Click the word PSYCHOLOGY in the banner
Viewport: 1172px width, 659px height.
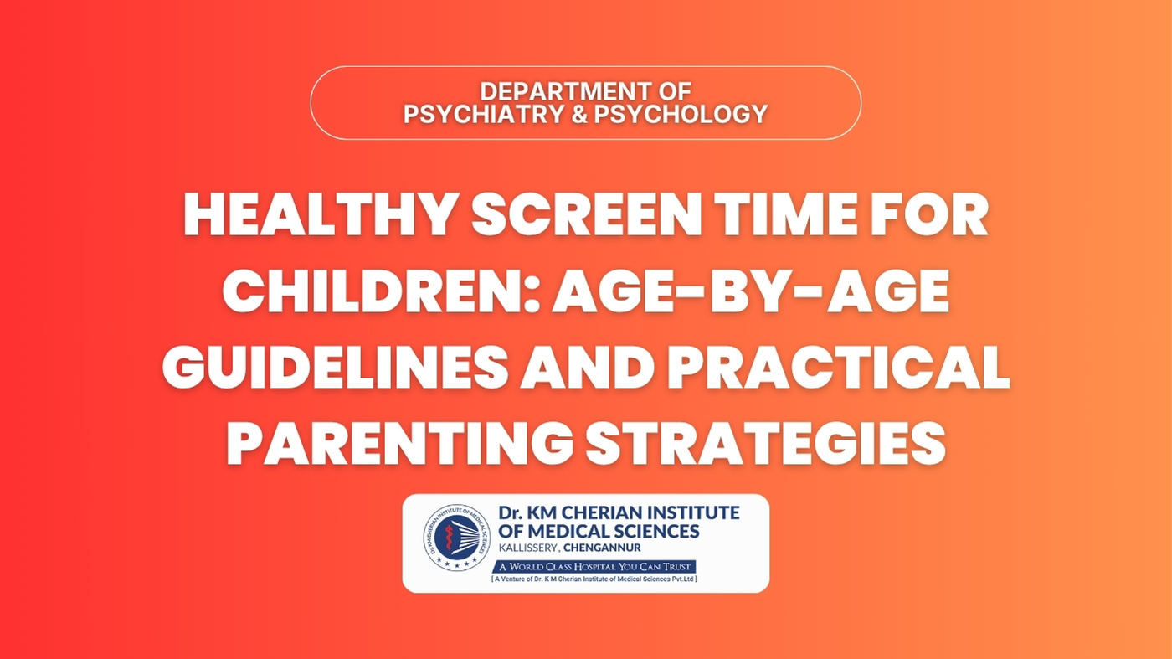[x=681, y=114]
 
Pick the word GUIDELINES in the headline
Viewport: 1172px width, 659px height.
[x=335, y=368]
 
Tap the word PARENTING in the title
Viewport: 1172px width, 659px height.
[x=398, y=445]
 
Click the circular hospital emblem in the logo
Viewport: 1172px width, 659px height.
[x=457, y=538]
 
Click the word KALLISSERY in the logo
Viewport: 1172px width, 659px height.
[x=528, y=548]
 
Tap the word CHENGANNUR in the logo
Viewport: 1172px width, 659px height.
[x=602, y=548]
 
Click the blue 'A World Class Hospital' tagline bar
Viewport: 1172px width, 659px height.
[x=594, y=566]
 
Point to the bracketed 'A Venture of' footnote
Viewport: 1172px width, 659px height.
[x=594, y=579]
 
